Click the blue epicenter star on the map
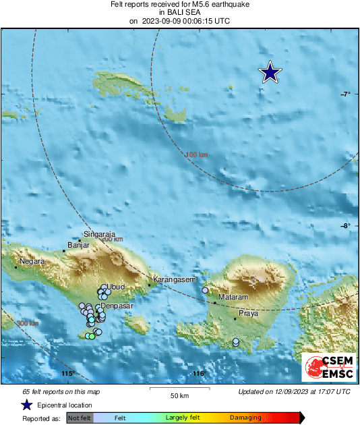(270, 72)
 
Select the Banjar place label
(79, 246)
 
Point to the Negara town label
(32, 261)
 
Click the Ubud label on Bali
(117, 287)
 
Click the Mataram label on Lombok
(234, 297)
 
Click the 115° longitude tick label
(67, 374)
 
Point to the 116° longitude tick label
(198, 374)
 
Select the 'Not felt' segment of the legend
(79, 418)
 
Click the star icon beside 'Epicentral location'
(26, 405)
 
